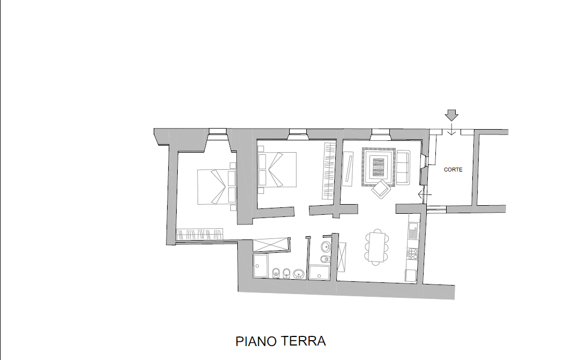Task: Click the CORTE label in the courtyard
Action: (x=453, y=169)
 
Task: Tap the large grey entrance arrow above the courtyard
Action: (x=451, y=115)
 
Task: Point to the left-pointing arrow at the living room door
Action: (x=425, y=195)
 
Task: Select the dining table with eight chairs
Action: (x=377, y=247)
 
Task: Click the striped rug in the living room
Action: (x=379, y=167)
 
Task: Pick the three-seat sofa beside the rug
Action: (x=404, y=167)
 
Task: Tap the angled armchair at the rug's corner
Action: (x=381, y=188)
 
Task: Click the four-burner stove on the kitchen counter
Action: (x=413, y=254)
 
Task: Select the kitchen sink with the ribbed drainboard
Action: (x=413, y=230)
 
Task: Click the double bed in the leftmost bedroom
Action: (x=217, y=187)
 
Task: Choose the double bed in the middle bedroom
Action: (x=277, y=169)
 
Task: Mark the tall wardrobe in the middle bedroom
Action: (x=328, y=170)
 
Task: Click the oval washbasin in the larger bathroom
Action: (x=298, y=273)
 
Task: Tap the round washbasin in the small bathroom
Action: (x=326, y=246)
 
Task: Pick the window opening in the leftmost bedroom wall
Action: (x=217, y=131)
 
